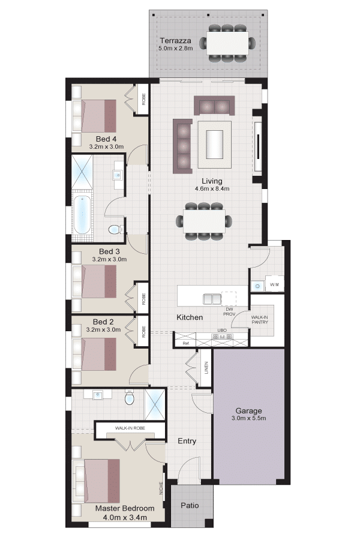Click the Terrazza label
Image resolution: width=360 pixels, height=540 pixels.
click(x=175, y=41)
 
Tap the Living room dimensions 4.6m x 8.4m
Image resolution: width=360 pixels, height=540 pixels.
click(x=212, y=189)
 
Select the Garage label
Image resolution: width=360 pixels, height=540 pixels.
click(x=248, y=410)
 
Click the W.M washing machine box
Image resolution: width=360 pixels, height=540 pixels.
click(x=274, y=284)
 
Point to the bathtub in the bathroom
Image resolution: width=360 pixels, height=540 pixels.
click(x=82, y=214)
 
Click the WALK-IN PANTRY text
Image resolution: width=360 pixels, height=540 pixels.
click(x=259, y=320)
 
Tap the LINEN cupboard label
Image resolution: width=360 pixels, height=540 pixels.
click(x=206, y=368)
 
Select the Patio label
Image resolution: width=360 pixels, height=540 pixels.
click(x=190, y=505)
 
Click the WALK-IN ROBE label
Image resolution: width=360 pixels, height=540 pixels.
click(x=130, y=428)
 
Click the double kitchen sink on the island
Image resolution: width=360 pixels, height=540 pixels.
click(x=212, y=299)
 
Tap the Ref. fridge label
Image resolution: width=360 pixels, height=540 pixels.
click(x=186, y=343)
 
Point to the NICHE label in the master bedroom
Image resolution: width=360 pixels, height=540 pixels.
click(x=161, y=488)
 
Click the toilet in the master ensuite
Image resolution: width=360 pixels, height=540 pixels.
click(x=130, y=398)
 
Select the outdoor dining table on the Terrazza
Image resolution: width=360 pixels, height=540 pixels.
click(x=227, y=43)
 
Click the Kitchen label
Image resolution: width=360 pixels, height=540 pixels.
click(x=190, y=317)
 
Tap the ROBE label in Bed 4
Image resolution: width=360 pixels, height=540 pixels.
click(x=143, y=99)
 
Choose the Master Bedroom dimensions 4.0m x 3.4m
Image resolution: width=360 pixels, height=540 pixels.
click(x=125, y=517)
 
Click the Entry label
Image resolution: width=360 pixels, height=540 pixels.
click(x=187, y=441)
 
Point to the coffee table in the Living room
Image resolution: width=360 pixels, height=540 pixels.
click(x=214, y=144)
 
